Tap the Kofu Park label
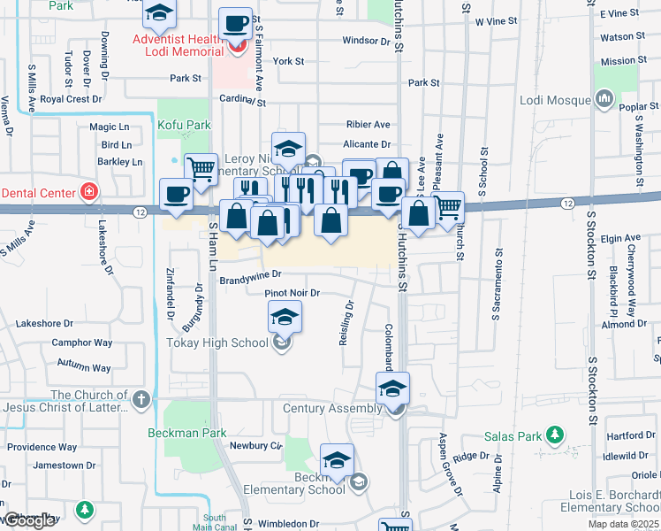pyautogui.click(x=184, y=126)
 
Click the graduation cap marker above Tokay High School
pyautogui.click(x=285, y=317)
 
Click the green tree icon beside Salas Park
pyautogui.click(x=555, y=435)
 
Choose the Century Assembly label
pyautogui.click(x=332, y=409)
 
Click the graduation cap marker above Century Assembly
pyautogui.click(x=393, y=388)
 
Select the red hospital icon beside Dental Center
pyautogui.click(x=88, y=191)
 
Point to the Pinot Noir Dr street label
pyautogui.click(x=292, y=293)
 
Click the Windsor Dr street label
pyautogui.click(x=360, y=41)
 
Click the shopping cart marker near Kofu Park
pyautogui.click(x=201, y=167)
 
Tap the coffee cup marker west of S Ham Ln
pyautogui.click(x=175, y=194)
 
